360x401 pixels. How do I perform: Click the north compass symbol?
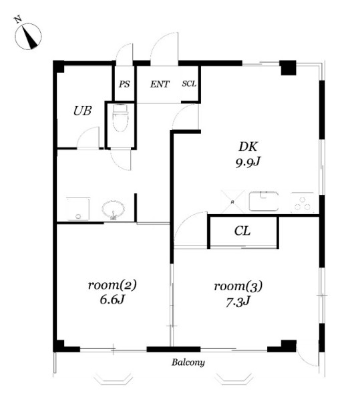click(x=28, y=36)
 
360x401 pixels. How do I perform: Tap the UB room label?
click(x=82, y=111)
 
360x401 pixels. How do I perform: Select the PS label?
click(x=124, y=84)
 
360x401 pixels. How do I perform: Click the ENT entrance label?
click(x=160, y=84)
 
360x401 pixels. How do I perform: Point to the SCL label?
click(x=189, y=83)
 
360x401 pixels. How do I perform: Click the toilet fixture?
click(x=120, y=117)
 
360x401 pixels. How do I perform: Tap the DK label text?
click(x=248, y=147)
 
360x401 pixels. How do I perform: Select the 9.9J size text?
click(x=248, y=162)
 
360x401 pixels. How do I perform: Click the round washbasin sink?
click(x=113, y=210)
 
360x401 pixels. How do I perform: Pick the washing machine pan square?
click(x=78, y=209)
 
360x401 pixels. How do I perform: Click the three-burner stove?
click(x=303, y=203)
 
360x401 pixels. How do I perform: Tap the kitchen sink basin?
click(x=264, y=201)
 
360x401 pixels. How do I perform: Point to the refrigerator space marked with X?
click(x=232, y=202)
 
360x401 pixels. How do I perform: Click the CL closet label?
click(x=242, y=231)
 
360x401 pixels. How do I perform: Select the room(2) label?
click(x=112, y=285)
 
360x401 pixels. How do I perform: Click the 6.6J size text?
click(x=112, y=300)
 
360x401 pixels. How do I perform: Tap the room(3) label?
click(x=238, y=286)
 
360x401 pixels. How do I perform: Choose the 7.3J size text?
click(x=238, y=302)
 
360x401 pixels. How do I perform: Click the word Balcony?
click(x=188, y=362)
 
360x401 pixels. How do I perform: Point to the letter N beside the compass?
click(x=17, y=19)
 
